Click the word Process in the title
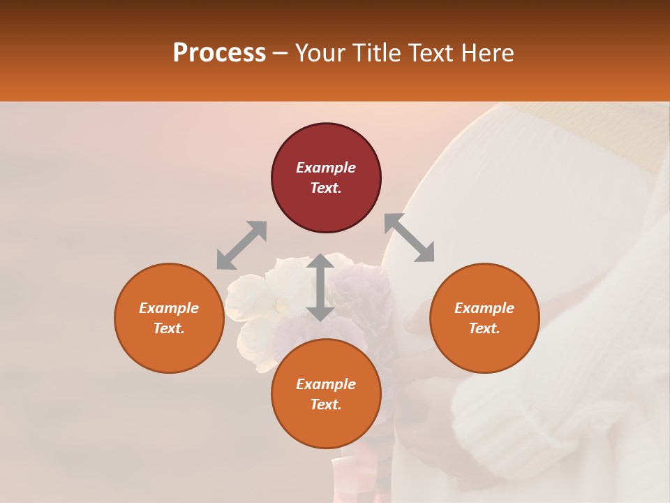(x=219, y=53)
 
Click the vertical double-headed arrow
(x=320, y=287)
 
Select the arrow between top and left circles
(x=241, y=245)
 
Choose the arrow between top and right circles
(x=410, y=238)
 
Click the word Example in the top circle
(x=326, y=168)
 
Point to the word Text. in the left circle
(x=169, y=328)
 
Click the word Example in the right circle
(x=484, y=308)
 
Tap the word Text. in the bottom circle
(x=326, y=404)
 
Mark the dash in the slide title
(x=281, y=54)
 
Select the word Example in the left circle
(x=169, y=308)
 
